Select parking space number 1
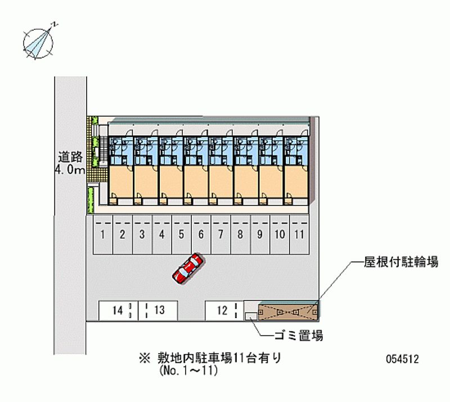click(x=103, y=234)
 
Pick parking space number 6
click(x=201, y=234)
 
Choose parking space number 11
click(x=299, y=234)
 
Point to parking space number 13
click(x=158, y=310)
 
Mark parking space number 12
click(x=223, y=309)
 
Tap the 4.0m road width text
click(x=69, y=169)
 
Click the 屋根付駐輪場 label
click(x=400, y=263)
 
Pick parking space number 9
click(x=259, y=234)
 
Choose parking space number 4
click(x=161, y=234)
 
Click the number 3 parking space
click(x=142, y=234)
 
